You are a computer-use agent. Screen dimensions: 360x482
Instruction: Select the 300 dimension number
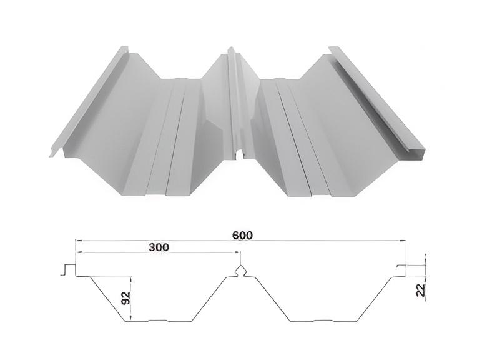point(159,247)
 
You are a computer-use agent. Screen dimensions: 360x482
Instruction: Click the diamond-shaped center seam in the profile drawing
point(241,271)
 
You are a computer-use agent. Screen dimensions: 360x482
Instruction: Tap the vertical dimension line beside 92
point(131,298)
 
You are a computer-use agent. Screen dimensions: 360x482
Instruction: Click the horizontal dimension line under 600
point(241,241)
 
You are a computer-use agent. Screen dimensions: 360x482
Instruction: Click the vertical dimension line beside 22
point(425,265)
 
